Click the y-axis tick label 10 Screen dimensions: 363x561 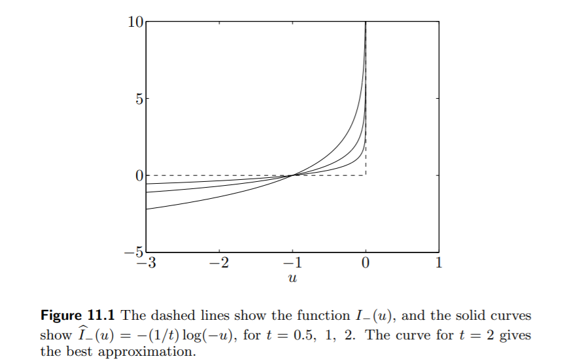pyautogui.click(x=135, y=22)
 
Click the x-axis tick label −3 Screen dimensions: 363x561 pyautogui.click(x=145, y=264)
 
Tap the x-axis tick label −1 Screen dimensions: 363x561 pyautogui.click(x=292, y=264)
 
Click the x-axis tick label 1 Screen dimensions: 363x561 pyautogui.click(x=439, y=264)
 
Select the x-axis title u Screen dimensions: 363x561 pyautogui.click(x=292, y=279)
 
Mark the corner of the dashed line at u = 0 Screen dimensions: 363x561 pyautogui.click(x=365, y=175)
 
